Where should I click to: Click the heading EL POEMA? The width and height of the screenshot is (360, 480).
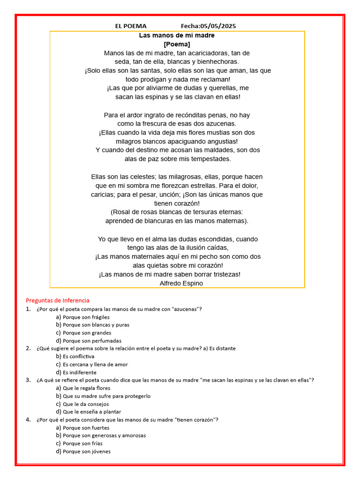click(131, 26)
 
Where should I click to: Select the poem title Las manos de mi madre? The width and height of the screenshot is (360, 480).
click(177, 35)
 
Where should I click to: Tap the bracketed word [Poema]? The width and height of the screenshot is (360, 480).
click(177, 44)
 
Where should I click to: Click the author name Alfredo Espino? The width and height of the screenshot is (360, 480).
click(181, 283)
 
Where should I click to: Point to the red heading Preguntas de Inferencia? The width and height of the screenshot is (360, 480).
click(57, 300)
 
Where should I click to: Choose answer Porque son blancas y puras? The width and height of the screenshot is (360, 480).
click(96, 324)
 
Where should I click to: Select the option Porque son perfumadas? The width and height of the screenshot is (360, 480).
click(92, 341)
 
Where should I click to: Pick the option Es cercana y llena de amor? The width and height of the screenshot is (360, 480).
click(95, 364)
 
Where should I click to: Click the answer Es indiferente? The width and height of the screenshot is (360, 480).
click(80, 372)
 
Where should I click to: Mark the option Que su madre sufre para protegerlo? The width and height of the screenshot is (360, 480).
click(106, 396)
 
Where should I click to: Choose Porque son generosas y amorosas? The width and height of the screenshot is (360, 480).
click(104, 435)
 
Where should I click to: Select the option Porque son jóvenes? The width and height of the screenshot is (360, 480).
click(87, 451)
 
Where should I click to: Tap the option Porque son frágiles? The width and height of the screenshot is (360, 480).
click(86, 317)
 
